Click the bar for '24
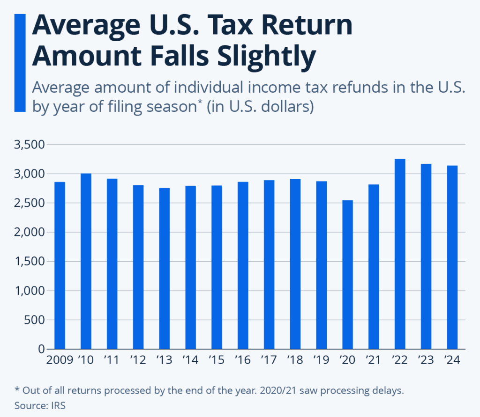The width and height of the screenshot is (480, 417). (x=452, y=257)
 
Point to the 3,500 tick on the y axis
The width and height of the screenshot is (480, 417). (x=29, y=145)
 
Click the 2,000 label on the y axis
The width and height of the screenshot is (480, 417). (x=29, y=233)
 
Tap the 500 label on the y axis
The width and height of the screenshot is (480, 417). (x=35, y=320)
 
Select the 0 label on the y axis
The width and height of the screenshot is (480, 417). (x=41, y=350)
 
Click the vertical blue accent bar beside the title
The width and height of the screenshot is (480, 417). (x=20, y=63)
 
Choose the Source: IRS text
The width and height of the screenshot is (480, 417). (x=40, y=405)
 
